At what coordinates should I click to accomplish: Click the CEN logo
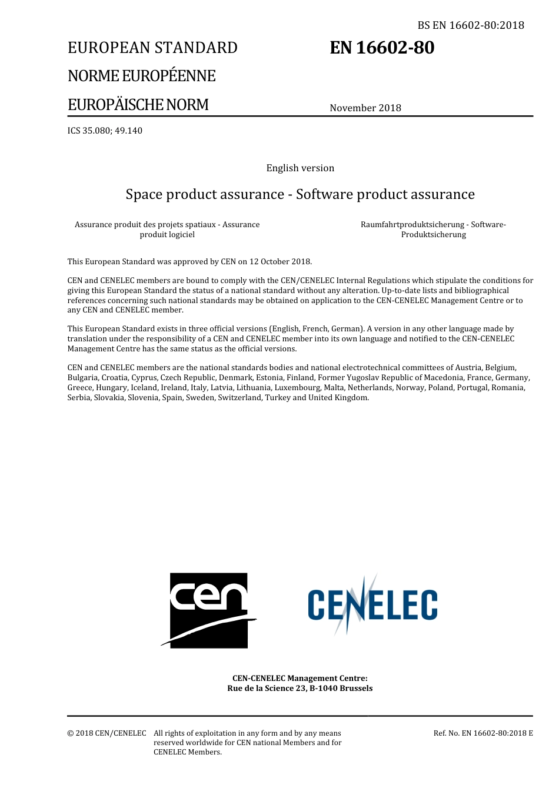[x=209, y=610]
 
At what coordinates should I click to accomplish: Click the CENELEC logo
[x=372, y=605]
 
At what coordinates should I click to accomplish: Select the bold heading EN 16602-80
[x=382, y=48]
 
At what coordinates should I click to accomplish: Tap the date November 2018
[x=365, y=108]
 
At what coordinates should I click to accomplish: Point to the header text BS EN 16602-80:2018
[x=471, y=25]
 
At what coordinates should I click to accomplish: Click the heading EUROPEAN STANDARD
[x=152, y=48]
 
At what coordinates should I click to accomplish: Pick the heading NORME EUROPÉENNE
[x=141, y=76]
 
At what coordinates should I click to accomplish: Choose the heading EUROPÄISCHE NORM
[x=138, y=105]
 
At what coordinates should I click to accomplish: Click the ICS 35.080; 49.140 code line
[x=105, y=131]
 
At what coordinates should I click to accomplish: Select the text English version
[x=300, y=168]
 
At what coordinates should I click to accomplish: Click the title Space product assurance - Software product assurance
[x=300, y=194]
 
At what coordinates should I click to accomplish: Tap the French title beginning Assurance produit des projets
[x=167, y=230]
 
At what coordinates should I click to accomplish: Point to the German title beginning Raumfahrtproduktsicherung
[x=433, y=230]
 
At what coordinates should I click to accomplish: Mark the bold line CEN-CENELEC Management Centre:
[x=300, y=679]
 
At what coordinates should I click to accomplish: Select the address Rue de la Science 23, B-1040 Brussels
[x=300, y=689]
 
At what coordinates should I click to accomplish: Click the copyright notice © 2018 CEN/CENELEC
[x=107, y=733]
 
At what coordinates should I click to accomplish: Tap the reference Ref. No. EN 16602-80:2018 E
[x=483, y=733]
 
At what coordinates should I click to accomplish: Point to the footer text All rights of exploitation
[x=247, y=733]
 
